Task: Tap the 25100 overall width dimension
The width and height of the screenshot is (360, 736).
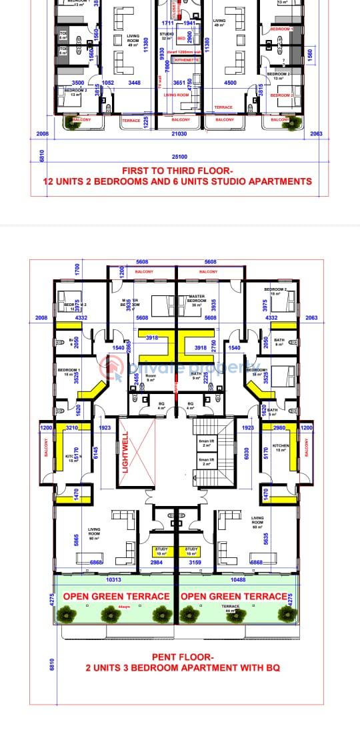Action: coord(179,156)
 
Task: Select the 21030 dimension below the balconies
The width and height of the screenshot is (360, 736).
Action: coord(179,133)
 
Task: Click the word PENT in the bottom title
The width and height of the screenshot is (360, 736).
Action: coord(165,656)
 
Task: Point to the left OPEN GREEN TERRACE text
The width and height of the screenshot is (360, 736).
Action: coord(117,596)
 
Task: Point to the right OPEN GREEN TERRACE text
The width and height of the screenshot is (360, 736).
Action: coord(235,596)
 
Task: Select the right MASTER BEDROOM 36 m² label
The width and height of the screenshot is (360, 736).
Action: coord(197,299)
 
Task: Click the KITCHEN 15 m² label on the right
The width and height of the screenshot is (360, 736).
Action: coord(280,448)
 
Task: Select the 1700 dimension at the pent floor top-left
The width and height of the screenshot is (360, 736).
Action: coord(77,270)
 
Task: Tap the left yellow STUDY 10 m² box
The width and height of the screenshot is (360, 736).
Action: coord(161,551)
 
